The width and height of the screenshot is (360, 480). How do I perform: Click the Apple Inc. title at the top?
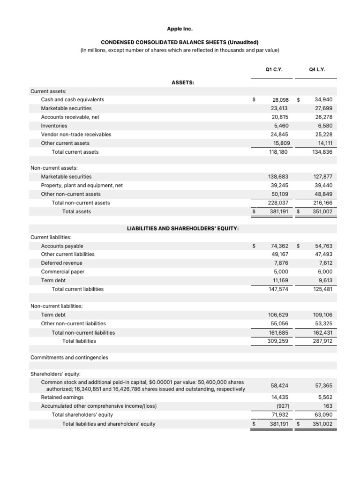point(180,29)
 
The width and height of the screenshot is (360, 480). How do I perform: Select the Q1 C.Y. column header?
point(273,69)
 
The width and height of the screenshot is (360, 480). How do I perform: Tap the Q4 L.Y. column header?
point(317,69)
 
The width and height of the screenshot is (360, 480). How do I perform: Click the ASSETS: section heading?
point(183,82)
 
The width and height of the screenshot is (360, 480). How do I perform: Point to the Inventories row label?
point(54,126)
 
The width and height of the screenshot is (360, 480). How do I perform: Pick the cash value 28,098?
point(280,100)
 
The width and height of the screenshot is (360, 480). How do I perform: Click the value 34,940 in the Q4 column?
point(323,100)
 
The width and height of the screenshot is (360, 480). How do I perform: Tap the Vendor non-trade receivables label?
point(76,134)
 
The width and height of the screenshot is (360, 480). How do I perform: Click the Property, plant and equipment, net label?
point(82,185)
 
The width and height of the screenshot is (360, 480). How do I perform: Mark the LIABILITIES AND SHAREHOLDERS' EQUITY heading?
point(183,228)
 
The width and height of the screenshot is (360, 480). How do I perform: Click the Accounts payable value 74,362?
point(279,246)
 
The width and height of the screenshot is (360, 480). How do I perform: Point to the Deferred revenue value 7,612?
point(325,263)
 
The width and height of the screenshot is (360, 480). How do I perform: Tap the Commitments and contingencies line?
point(69,357)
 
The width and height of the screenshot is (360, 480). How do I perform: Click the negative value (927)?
point(282,406)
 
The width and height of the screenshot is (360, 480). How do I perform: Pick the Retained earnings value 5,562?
point(325,397)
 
